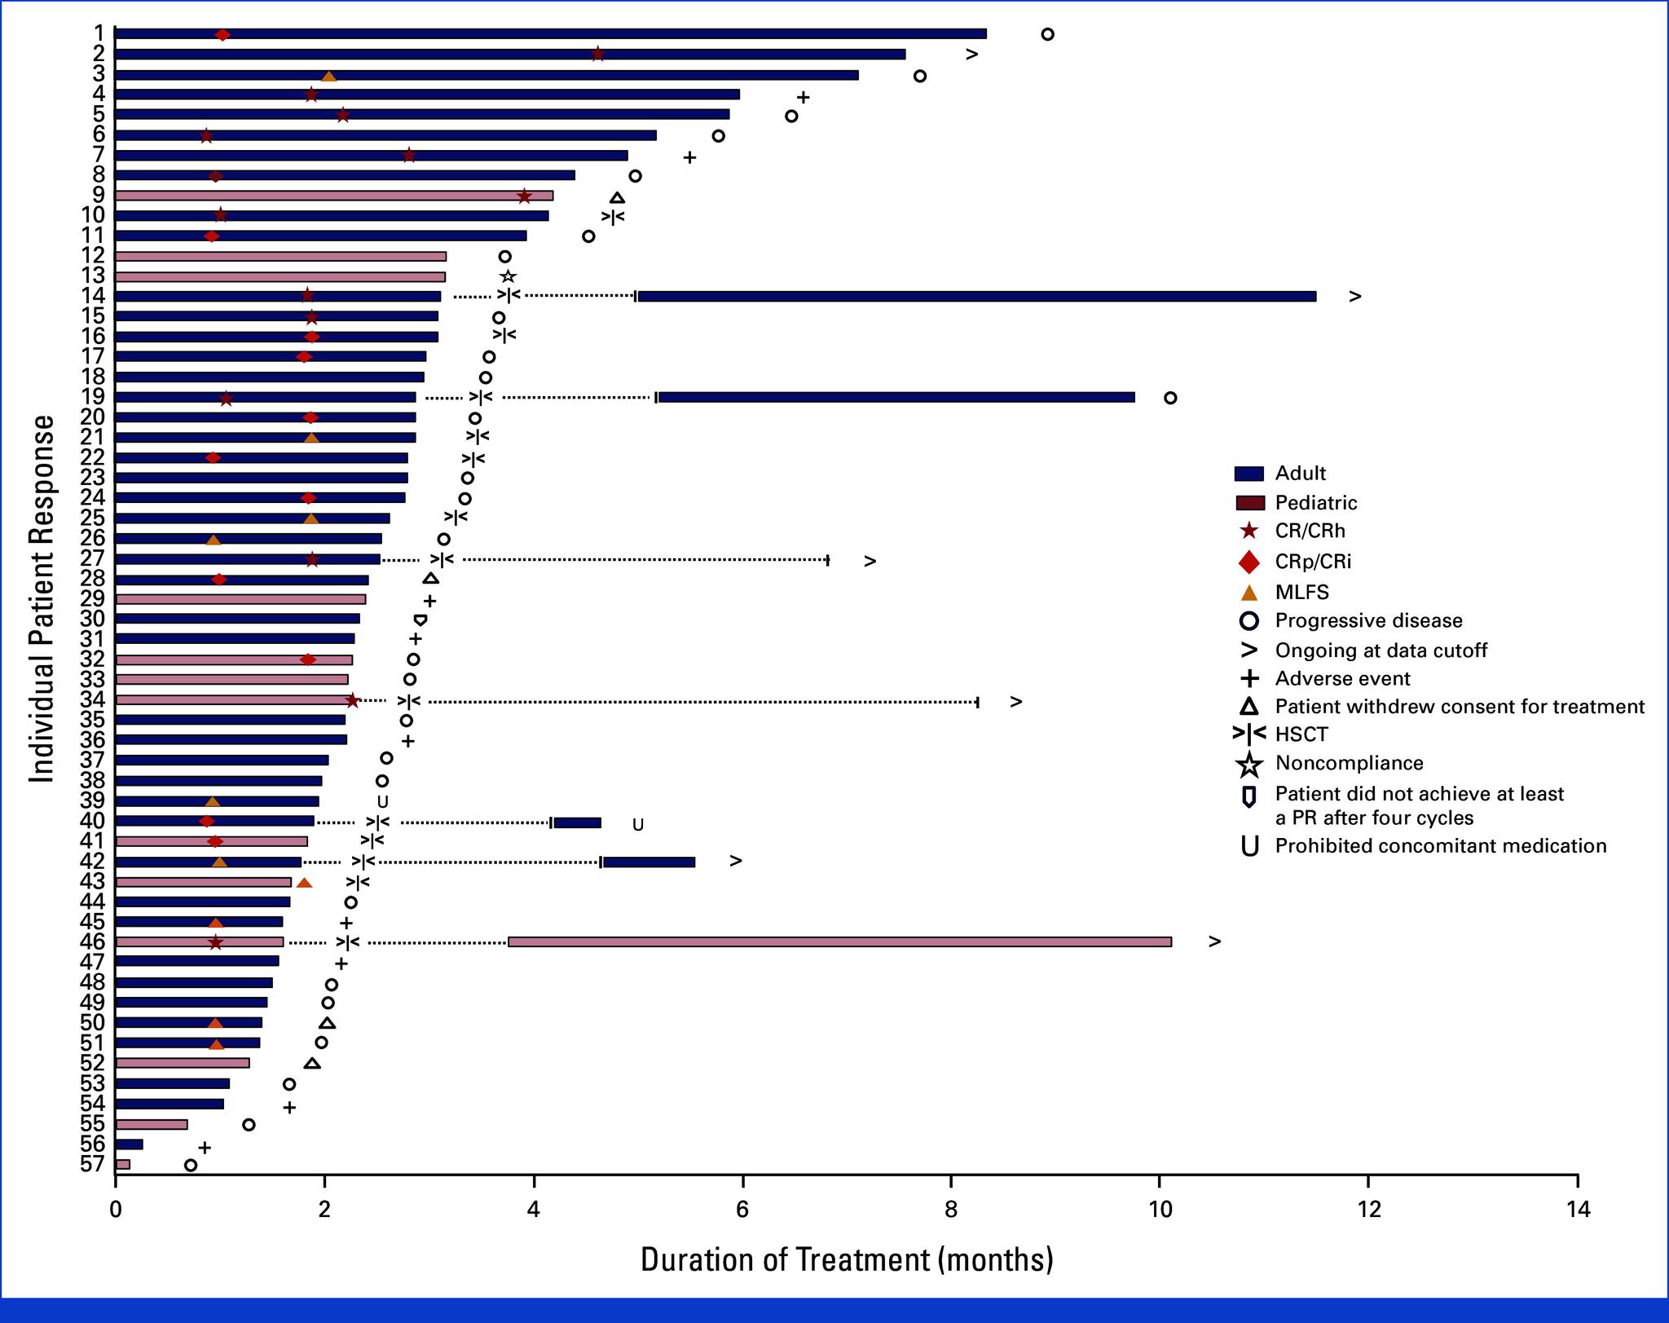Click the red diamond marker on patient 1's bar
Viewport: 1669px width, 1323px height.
(x=222, y=34)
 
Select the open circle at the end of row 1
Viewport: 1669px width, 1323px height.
(x=1047, y=34)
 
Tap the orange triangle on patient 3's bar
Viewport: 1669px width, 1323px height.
(x=328, y=76)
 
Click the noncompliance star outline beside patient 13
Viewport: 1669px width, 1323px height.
(x=508, y=276)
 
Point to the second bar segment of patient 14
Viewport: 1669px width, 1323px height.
(x=976, y=296)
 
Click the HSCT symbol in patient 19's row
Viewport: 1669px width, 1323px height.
(x=481, y=398)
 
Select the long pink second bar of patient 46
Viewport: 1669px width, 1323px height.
(x=839, y=942)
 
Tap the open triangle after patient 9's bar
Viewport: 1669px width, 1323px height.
(x=617, y=197)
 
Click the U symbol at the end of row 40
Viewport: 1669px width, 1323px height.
(x=638, y=824)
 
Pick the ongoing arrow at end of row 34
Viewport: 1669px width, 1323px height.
(x=1015, y=702)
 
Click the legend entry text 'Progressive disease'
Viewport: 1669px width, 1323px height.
(x=1368, y=620)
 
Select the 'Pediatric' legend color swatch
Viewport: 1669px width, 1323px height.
(x=1249, y=503)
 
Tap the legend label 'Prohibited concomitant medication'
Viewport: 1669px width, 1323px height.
(x=1440, y=845)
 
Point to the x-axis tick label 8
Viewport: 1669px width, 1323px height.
(x=951, y=1209)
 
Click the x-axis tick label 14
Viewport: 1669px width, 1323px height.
(x=1578, y=1209)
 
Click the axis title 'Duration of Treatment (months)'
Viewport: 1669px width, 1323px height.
(x=847, y=1259)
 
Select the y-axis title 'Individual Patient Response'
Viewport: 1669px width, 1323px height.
(x=42, y=599)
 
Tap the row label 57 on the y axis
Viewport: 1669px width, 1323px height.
(x=92, y=1164)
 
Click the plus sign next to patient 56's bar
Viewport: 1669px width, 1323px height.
(x=205, y=1147)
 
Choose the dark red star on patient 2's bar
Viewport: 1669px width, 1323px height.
(x=597, y=54)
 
